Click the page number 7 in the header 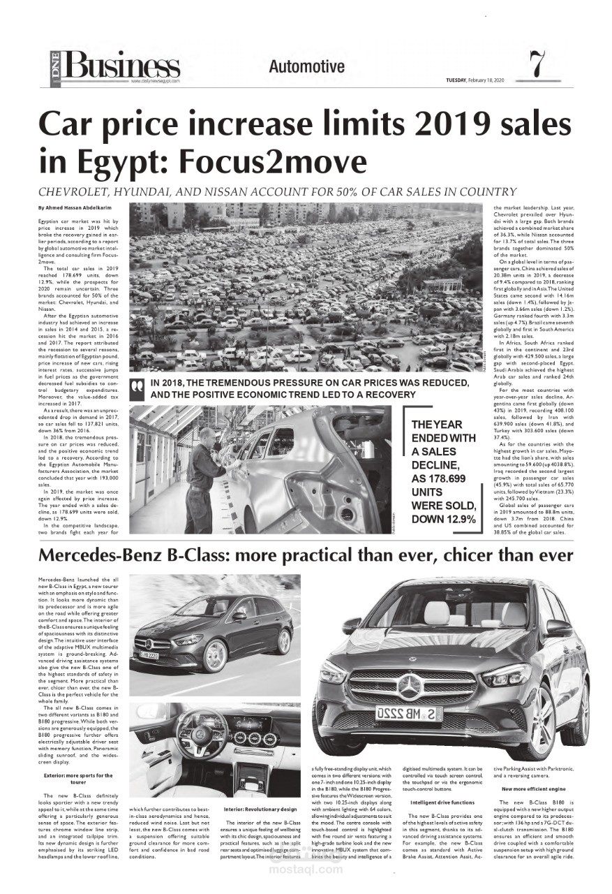coord(537,65)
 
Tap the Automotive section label coord(306,67)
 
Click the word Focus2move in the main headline coord(273,161)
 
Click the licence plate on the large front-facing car coord(409,714)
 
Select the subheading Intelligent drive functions coord(442,803)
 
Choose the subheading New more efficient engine coord(532,789)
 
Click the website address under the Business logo coord(155,81)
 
